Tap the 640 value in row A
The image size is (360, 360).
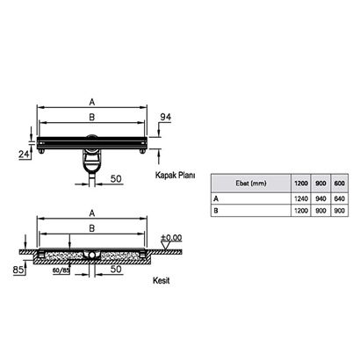(x=339, y=199)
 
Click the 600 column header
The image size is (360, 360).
(x=339, y=184)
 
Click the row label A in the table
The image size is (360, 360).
(x=216, y=199)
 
